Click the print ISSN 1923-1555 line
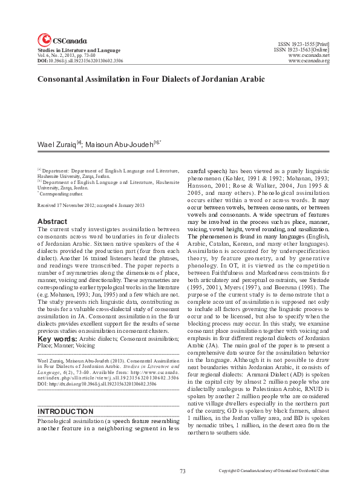click(x=303, y=45)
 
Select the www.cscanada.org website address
click(x=309, y=61)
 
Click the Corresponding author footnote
click(x=63, y=194)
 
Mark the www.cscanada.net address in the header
click(x=309, y=56)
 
